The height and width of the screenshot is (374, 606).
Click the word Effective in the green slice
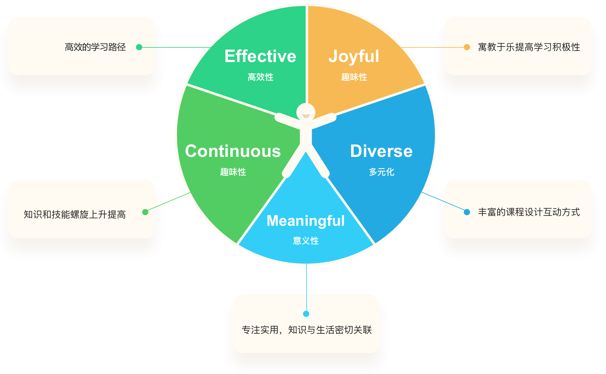point(260,56)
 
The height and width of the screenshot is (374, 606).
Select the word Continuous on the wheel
point(233,151)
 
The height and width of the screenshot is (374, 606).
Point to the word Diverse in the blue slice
point(381,151)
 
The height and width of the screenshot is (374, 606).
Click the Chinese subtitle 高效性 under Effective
point(260,77)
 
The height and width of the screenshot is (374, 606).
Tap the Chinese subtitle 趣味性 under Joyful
point(354,77)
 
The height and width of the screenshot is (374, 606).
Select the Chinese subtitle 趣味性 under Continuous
point(233,172)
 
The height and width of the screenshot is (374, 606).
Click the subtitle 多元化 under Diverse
point(382,172)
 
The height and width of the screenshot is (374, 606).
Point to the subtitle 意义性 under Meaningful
point(306,241)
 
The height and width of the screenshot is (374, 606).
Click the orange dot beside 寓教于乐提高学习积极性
point(467,47)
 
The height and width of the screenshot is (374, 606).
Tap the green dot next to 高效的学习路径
point(139,47)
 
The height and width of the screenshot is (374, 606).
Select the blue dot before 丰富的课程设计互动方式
point(467,212)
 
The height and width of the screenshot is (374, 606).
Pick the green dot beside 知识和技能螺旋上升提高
point(145,212)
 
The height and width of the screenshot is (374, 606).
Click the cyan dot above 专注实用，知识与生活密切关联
point(306,314)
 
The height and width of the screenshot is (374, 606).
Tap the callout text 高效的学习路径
point(95,47)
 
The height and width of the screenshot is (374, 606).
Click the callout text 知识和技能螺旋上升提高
point(75,214)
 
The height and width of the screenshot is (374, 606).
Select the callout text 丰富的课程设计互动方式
point(529,212)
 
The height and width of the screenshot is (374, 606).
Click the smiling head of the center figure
point(306,112)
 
